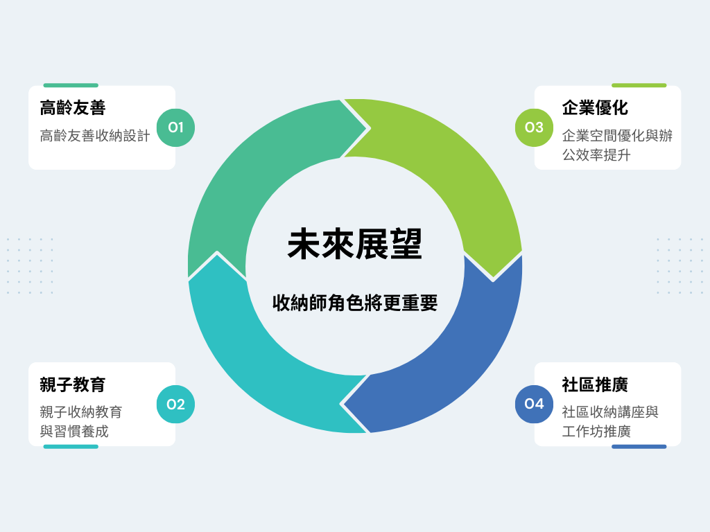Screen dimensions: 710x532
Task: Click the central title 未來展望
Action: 355,245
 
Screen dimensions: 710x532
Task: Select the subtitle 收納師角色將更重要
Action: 355,303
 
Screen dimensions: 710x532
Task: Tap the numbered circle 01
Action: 175,127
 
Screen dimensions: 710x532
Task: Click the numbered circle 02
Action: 175,404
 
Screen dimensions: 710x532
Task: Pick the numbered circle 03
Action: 535,127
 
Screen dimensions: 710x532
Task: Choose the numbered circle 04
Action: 535,404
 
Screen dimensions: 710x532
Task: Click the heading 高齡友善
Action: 73,107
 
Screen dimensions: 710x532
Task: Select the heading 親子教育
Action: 73,384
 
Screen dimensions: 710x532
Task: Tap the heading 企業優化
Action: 595,107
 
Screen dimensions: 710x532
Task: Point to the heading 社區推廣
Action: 595,384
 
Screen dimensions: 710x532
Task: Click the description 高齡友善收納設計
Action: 95,136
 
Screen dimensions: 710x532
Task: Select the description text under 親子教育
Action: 81,422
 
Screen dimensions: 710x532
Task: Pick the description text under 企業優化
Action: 617,145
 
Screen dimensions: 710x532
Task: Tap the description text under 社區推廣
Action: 610,422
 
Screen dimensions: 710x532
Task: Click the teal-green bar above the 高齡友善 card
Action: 71,85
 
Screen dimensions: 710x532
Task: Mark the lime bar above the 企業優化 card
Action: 639,85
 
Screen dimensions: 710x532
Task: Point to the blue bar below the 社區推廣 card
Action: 639,447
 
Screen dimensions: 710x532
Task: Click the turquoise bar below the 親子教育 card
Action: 71,447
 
